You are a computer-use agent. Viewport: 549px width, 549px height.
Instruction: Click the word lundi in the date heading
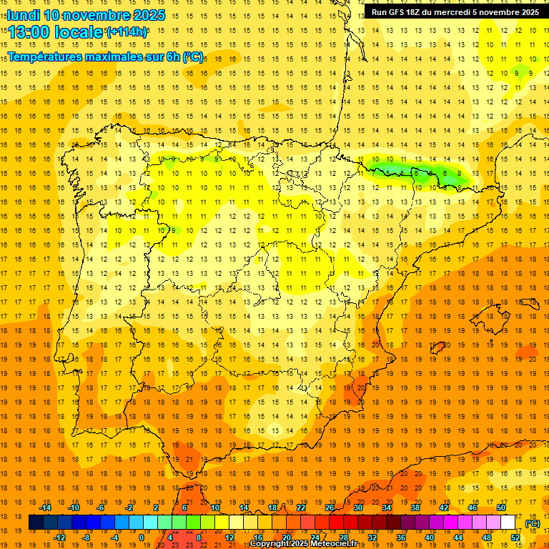(x=22, y=15)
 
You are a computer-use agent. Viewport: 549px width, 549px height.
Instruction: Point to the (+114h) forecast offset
(x=127, y=32)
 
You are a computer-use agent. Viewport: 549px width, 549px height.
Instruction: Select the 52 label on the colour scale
(x=515, y=538)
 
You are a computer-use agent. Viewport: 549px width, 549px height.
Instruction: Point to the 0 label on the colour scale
(x=142, y=538)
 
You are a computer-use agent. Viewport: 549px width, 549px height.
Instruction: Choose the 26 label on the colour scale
(x=330, y=507)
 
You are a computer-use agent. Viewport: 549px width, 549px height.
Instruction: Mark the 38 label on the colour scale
(x=415, y=507)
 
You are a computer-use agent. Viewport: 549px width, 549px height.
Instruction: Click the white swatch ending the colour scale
(x=508, y=523)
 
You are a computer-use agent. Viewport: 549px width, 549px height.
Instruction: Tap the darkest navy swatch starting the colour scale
(x=36, y=523)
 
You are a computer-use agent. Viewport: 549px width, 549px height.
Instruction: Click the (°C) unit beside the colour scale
(x=533, y=523)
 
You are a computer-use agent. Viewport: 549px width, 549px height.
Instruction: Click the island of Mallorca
(x=494, y=315)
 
